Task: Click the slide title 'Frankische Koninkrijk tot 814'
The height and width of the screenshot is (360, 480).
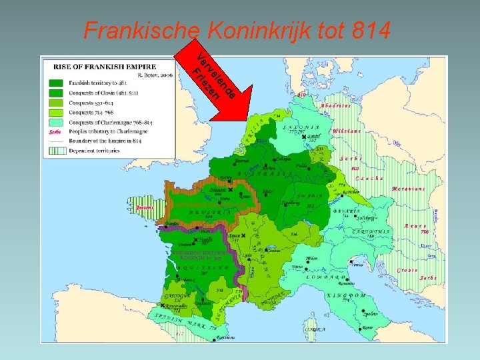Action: (x=237, y=30)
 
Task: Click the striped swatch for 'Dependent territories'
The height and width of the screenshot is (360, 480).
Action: (x=55, y=151)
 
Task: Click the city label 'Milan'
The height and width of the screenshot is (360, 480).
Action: (x=311, y=259)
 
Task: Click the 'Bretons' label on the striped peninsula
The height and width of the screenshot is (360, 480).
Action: (x=143, y=208)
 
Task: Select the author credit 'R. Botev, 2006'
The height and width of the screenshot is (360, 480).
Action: (x=157, y=76)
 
